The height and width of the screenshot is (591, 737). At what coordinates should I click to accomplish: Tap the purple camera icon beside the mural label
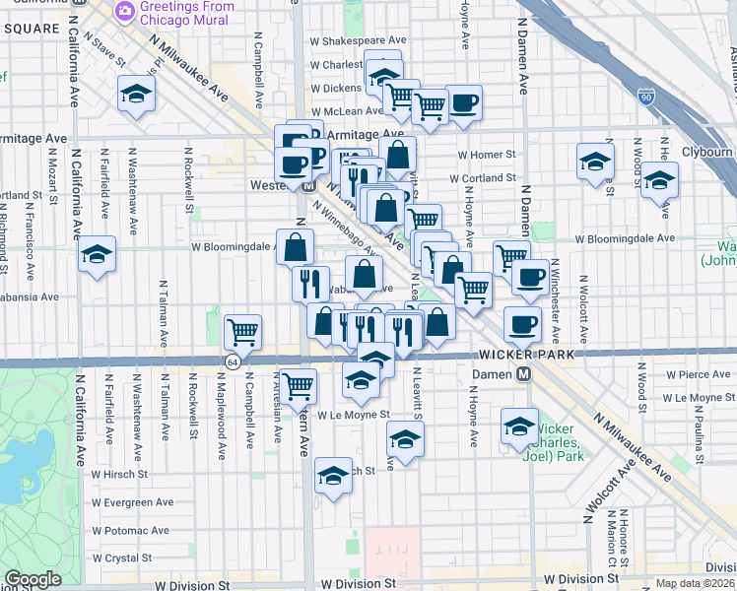click(x=125, y=11)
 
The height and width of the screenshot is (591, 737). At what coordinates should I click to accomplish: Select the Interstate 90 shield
click(x=645, y=97)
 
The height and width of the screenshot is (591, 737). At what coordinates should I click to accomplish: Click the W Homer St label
click(x=487, y=155)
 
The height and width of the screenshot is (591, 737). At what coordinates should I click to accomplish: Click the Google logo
click(x=33, y=580)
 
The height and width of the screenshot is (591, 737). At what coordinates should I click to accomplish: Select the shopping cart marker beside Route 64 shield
click(x=242, y=332)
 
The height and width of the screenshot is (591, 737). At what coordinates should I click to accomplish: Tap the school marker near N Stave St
click(x=136, y=95)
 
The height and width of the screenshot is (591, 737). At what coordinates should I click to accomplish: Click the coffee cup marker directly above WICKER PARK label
click(x=522, y=323)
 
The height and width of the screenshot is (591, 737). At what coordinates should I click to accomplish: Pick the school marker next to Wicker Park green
click(x=519, y=426)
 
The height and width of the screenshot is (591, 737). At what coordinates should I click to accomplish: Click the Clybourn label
click(x=708, y=153)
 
